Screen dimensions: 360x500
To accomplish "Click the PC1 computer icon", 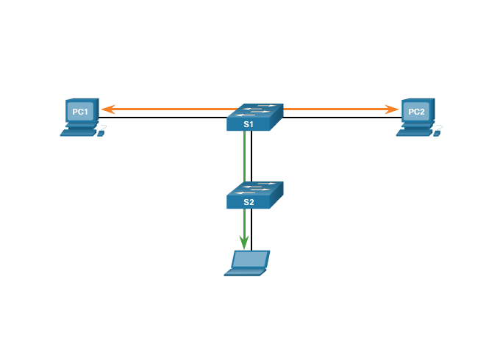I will (x=80, y=115).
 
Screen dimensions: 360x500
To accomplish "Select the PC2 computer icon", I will (x=416, y=115).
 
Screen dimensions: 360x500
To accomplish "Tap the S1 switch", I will (x=254, y=118).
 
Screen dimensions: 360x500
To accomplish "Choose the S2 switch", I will (x=254, y=195).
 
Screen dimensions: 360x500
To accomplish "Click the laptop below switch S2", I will (x=247, y=263).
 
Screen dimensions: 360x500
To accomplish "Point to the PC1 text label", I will (x=80, y=112).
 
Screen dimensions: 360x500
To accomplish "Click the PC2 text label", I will (x=416, y=112).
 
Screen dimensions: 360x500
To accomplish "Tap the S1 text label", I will (x=249, y=125).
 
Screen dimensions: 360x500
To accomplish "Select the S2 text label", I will (x=249, y=202).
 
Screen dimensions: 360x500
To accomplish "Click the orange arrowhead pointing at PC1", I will (x=107, y=109).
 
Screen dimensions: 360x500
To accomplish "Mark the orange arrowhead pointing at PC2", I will (x=393, y=109).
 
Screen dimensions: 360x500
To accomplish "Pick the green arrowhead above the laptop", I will (x=244, y=242).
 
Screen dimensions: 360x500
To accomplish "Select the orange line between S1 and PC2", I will (x=335, y=109).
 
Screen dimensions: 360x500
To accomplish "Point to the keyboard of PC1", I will (x=78, y=133).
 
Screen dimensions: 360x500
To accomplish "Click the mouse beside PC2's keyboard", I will (x=438, y=133).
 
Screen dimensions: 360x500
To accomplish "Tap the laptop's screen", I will (x=250, y=259).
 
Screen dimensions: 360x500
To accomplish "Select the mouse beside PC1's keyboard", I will (x=101, y=133).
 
